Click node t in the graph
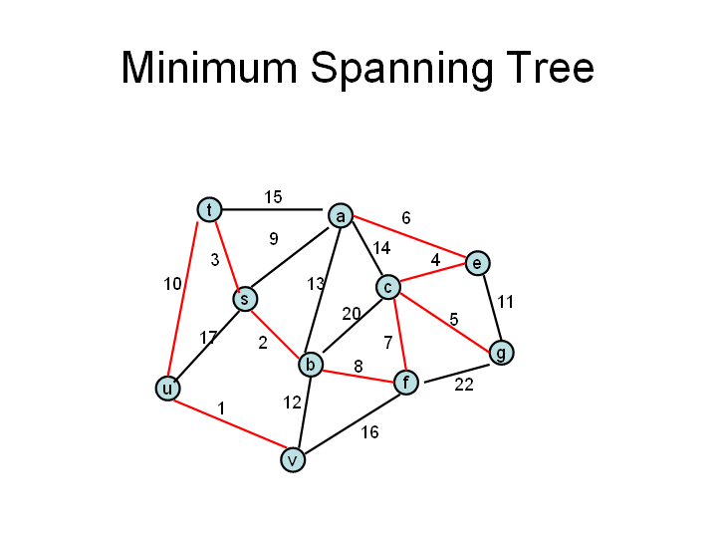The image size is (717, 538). tap(209, 210)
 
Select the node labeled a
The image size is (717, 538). tap(341, 215)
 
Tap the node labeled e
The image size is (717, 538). tap(477, 263)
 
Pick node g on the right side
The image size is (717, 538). tap(502, 353)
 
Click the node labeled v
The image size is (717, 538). tap(293, 459)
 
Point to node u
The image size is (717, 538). tap(168, 389)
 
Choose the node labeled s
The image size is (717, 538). tap(245, 299)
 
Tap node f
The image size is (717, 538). tap(406, 382)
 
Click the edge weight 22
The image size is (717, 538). tap(464, 385)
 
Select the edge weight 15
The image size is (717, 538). tap(273, 197)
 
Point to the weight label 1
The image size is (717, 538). tap(221, 408)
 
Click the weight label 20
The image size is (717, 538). tap(352, 314)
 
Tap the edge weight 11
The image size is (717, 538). tap(505, 302)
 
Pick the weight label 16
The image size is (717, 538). tap(369, 432)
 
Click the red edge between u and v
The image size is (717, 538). tap(229, 424)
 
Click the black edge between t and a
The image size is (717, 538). tap(273, 210)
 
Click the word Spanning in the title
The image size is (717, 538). tap(402, 68)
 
